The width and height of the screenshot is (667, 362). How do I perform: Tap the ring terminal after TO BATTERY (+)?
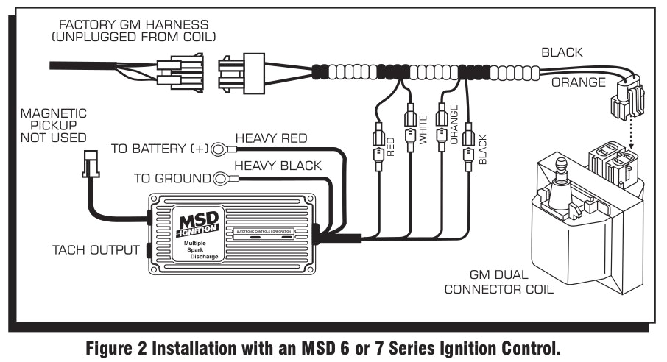pos(219,150)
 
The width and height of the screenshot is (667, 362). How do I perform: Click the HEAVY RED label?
pos(271,138)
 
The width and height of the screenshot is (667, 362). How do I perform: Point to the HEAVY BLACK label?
pos(278,166)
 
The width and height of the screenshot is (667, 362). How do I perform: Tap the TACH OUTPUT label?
pos(96,249)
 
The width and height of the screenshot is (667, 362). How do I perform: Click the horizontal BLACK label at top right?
pos(562,53)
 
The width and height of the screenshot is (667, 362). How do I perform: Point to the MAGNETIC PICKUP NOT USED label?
pos(53,125)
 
